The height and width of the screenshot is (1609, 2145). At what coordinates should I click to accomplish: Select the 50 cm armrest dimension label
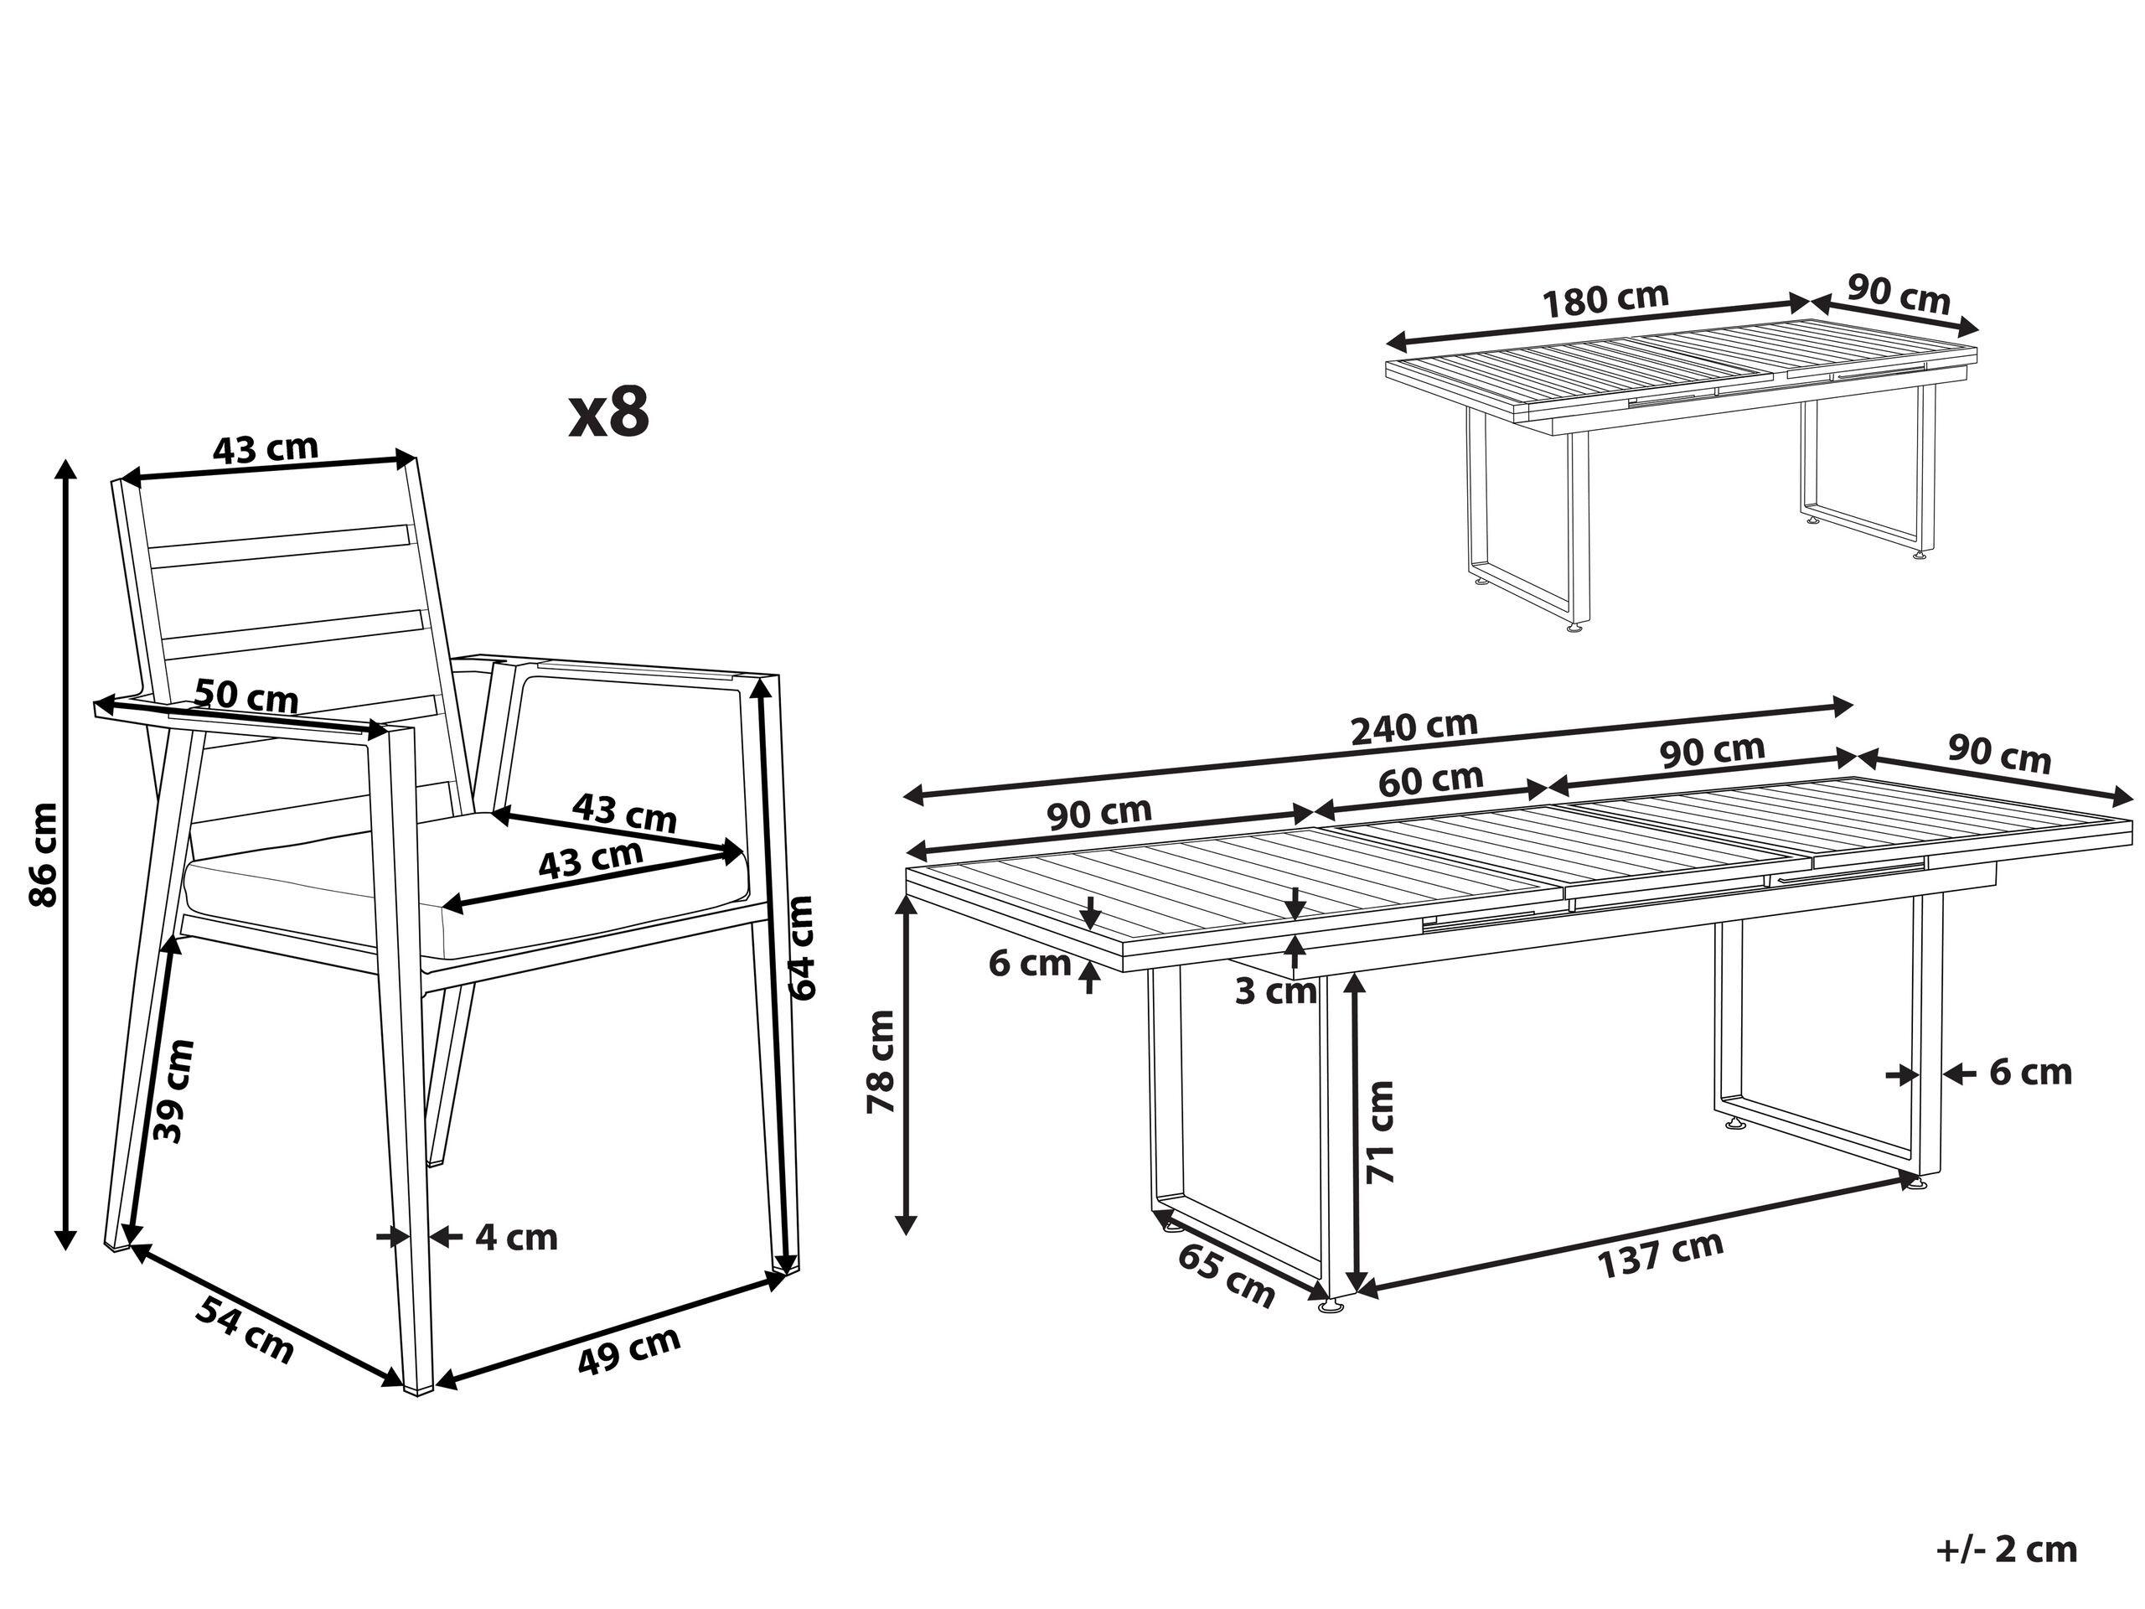tap(246, 696)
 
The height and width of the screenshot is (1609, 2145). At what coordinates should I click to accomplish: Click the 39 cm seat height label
tap(174, 1091)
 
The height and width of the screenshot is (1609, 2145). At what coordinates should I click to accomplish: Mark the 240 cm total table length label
tap(1415, 727)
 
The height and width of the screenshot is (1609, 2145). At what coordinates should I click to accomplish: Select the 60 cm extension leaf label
tap(1430, 779)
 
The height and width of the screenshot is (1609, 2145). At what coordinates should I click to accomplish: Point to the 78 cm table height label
tap(881, 1061)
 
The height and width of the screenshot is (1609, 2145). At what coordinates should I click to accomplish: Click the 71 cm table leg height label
tap(1380, 1132)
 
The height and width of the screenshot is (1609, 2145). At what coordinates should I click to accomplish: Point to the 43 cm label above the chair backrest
tap(265, 448)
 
